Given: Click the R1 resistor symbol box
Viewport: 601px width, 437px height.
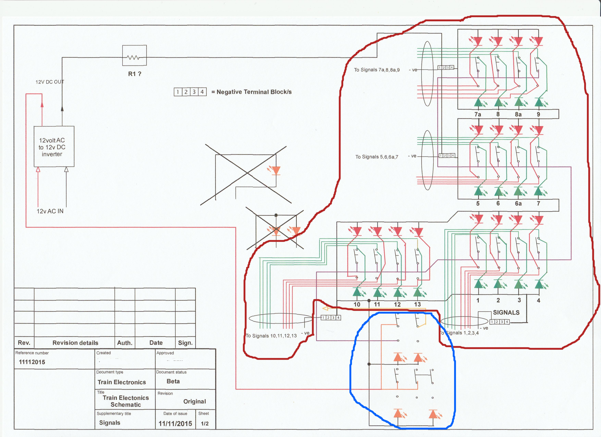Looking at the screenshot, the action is tap(134, 55).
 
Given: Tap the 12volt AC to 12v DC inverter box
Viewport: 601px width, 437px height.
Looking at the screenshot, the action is tap(54, 146).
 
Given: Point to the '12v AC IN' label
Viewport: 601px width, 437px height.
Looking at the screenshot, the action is tap(50, 211).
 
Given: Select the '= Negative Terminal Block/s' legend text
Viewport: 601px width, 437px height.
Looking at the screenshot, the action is tap(252, 92).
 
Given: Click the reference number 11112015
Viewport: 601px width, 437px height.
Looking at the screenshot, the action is tap(32, 362).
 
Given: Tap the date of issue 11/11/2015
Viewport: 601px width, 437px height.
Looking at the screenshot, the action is tap(175, 423).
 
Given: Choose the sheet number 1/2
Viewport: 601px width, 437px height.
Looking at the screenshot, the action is tap(205, 423).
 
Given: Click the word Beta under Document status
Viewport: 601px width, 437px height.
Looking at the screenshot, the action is tap(173, 381).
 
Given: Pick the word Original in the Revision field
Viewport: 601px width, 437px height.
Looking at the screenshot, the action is tap(194, 402).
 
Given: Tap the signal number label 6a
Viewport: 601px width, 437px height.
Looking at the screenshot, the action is tap(518, 203).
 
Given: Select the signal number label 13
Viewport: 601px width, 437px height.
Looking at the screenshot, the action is tap(417, 304).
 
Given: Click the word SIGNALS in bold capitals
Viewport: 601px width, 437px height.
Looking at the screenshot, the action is tap(506, 313).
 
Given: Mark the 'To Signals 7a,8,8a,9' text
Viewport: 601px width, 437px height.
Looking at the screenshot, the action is tap(377, 70).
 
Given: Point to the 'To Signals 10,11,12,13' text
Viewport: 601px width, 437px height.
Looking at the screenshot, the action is tap(271, 336).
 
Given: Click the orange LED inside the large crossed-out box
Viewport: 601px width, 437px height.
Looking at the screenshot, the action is tap(276, 170).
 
